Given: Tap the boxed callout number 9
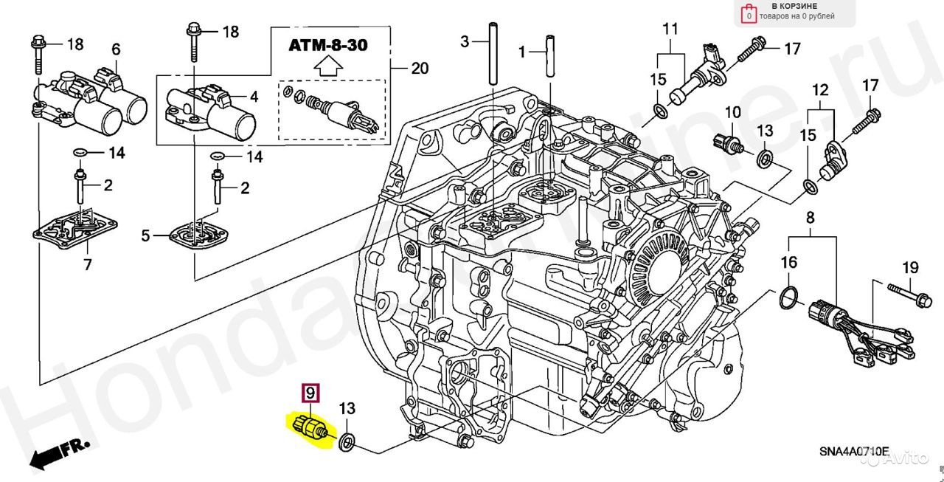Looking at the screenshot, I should pyautogui.click(x=311, y=392).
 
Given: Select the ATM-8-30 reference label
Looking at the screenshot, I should pyautogui.click(x=327, y=46).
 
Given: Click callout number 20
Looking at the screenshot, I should pyautogui.click(x=419, y=69).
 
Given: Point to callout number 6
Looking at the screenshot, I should pyautogui.click(x=116, y=49).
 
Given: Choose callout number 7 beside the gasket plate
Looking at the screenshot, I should pyautogui.click(x=87, y=264).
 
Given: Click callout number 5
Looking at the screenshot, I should pyautogui.click(x=146, y=236).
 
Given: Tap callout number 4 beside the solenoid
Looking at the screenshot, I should pyautogui.click(x=253, y=96).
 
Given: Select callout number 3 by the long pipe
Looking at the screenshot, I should pyautogui.click(x=465, y=42).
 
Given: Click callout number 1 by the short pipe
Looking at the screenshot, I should pyautogui.click(x=522, y=52).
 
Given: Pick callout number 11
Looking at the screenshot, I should pyautogui.click(x=670, y=30).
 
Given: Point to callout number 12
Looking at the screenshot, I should pyautogui.click(x=820, y=91).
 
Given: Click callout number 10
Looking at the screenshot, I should pyautogui.click(x=732, y=113).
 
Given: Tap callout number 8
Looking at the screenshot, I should pyautogui.click(x=810, y=218).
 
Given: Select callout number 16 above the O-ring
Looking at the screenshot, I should pyautogui.click(x=789, y=262).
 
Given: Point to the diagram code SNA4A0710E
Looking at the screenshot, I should pyautogui.click(x=853, y=450).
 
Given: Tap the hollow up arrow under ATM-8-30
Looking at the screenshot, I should pyautogui.click(x=327, y=68).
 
